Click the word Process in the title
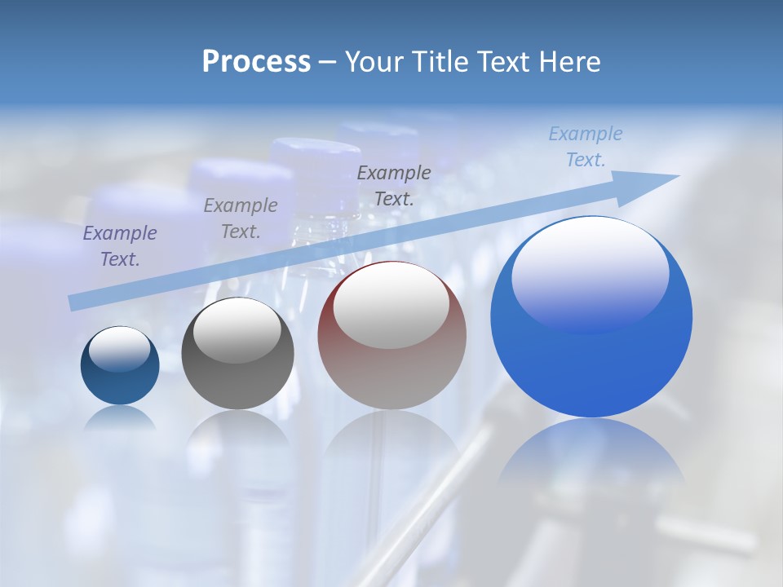pyautogui.click(x=256, y=62)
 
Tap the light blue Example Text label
pyautogui.click(x=585, y=147)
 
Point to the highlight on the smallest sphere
pyautogui.click(x=119, y=349)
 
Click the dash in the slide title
pyautogui.click(x=327, y=62)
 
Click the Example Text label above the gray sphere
pyautogui.click(x=241, y=218)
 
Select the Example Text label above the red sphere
pyautogui.click(x=394, y=185)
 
